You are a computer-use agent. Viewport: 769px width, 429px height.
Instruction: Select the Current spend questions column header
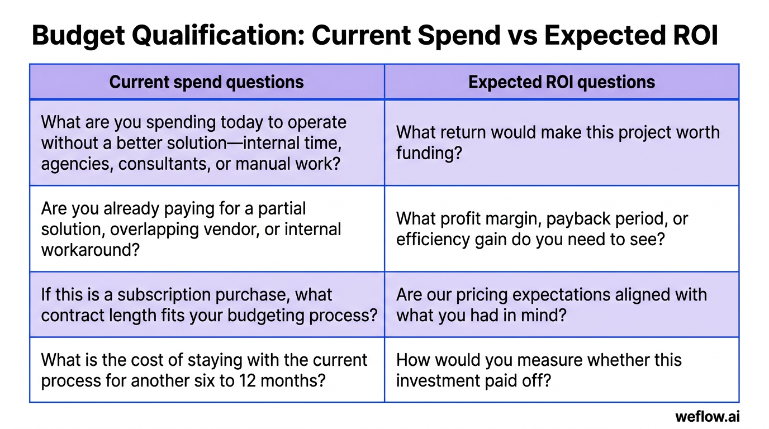click(206, 82)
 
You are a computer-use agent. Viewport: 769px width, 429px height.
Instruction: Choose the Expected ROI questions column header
click(561, 82)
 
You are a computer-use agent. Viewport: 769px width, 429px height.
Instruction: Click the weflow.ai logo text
click(707, 416)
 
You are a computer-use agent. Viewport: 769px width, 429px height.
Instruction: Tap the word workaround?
click(90, 250)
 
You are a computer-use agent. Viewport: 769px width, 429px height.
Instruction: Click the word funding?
click(429, 153)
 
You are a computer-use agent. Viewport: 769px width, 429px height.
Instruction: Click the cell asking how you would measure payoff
click(561, 370)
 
